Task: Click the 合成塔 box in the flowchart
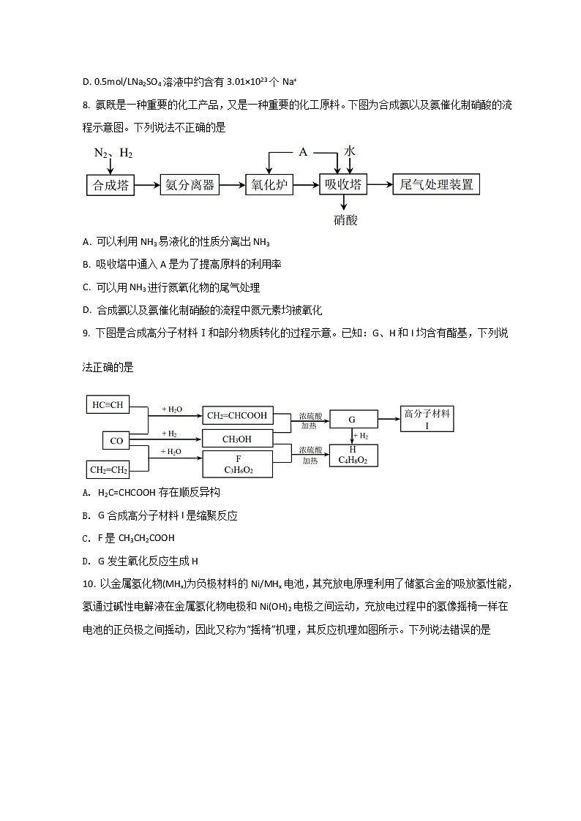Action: (x=111, y=185)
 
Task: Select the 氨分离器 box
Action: (x=190, y=185)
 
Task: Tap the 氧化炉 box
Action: (x=269, y=185)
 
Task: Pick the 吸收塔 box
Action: (x=344, y=185)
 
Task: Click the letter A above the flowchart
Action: (x=303, y=152)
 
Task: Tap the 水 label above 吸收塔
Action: (x=350, y=151)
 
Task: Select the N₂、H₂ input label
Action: (x=113, y=153)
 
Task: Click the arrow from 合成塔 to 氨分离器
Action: (x=148, y=185)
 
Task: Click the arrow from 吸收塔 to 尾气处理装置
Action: (x=381, y=185)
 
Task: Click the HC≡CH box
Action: (x=108, y=404)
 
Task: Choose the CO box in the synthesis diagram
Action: (x=116, y=440)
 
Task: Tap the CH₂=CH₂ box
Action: (x=108, y=469)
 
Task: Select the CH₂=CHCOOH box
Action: (x=237, y=416)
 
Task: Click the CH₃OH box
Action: (x=237, y=439)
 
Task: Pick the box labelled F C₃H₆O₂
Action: (x=237, y=464)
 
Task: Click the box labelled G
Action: (x=353, y=420)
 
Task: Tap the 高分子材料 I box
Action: (x=427, y=419)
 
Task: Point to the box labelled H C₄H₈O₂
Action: (x=353, y=455)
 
